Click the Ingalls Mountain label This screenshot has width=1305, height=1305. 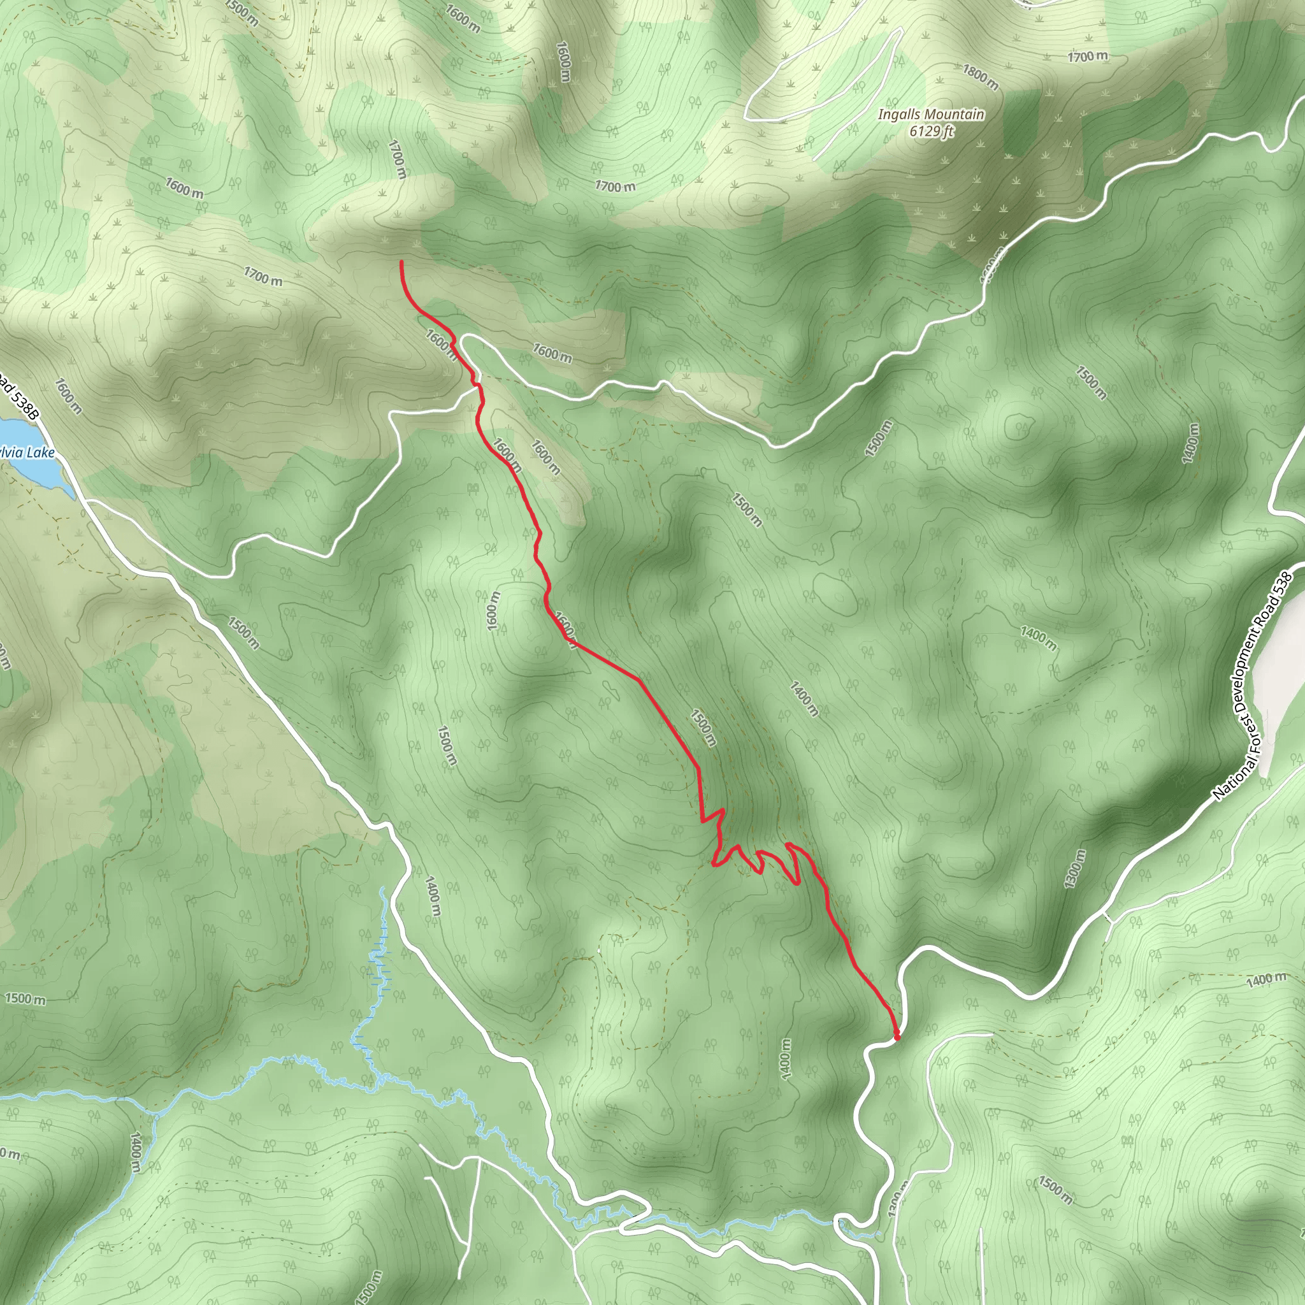[931, 115]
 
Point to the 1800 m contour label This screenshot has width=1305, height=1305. [981, 77]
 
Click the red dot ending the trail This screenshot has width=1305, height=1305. [897, 1036]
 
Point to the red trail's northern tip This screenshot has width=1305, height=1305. [402, 262]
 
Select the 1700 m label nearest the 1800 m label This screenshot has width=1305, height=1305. [1088, 57]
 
